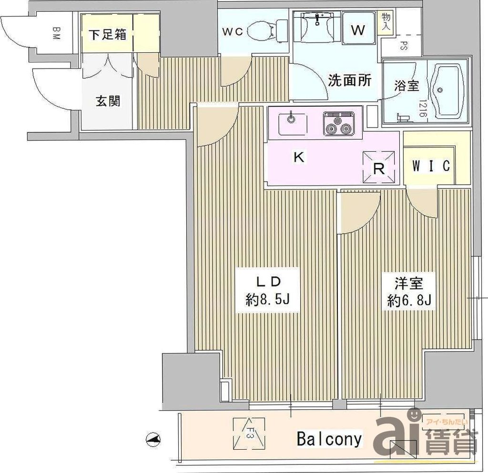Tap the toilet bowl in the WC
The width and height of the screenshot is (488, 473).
(267, 30)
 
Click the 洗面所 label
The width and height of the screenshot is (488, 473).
(349, 81)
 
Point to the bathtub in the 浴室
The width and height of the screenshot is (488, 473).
(448, 90)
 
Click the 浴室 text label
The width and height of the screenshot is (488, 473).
(406, 86)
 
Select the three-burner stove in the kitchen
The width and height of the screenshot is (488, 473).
(339, 123)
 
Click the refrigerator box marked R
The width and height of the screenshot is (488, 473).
(379, 168)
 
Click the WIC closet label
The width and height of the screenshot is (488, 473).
(430, 166)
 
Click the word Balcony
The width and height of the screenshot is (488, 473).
(329, 439)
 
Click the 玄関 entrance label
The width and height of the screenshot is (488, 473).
(108, 101)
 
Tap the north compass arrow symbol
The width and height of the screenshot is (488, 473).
(152, 440)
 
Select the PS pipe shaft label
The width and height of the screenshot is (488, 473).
(404, 47)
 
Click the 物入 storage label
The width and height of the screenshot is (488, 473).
(386, 21)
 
